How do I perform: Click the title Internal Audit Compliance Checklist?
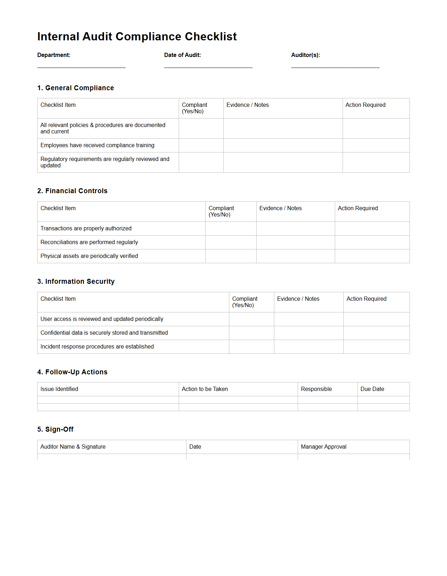pos(137,36)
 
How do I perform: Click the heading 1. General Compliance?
pos(75,88)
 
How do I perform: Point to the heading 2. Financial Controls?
pos(72,191)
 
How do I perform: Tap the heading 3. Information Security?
pos(76,281)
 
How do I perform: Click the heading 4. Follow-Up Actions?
pos(72,372)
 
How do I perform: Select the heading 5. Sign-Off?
pos(55,429)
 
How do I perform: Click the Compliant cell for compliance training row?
pos(201,145)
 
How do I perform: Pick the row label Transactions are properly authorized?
pos(86,229)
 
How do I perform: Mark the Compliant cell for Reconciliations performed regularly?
pos(231,242)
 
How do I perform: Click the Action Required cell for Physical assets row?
pos(372,256)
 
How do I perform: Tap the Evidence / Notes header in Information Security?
pos(298,299)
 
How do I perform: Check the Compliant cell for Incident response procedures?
pos(251,347)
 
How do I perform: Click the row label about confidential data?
pos(104,333)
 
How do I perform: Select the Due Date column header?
pos(372,389)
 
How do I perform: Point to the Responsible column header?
pos(316,389)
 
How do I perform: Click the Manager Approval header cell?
pos(323,447)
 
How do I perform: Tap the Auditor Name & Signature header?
pos(73,447)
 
